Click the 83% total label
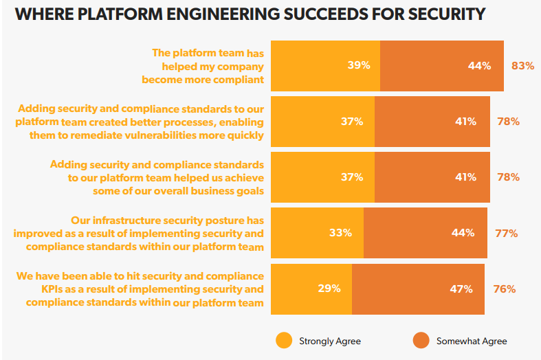(522, 66)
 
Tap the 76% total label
(505, 289)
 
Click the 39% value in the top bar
(359, 66)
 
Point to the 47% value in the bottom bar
(461, 289)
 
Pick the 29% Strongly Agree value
(329, 289)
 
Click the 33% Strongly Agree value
(341, 233)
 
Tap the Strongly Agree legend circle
(283, 341)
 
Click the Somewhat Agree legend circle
(421, 341)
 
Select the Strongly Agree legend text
(329, 341)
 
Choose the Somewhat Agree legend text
(471, 341)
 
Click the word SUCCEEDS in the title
(299, 14)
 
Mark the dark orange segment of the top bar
(441, 66)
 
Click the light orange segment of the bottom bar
(311, 289)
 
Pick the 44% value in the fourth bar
(463, 233)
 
